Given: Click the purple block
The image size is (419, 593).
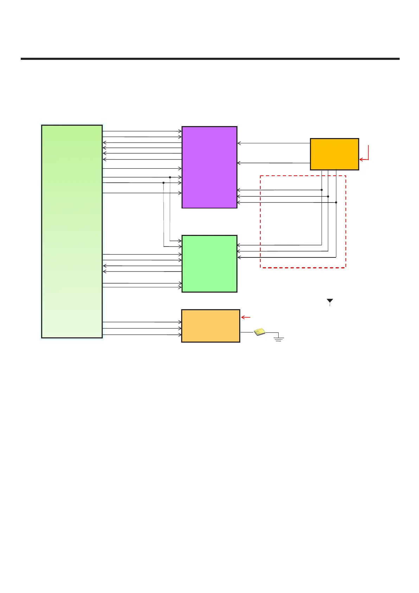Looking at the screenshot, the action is (209, 167).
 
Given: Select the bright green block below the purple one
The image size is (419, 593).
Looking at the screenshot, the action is (209, 263).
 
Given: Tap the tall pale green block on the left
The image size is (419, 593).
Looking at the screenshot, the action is (72, 231).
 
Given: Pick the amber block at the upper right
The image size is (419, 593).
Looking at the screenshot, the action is (334, 154).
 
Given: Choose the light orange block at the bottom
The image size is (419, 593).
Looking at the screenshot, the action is (210, 326).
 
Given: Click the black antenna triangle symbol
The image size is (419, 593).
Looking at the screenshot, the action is (330, 301).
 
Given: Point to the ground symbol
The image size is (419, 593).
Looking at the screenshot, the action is (279, 339).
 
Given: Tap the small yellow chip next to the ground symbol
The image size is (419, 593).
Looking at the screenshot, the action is (260, 332).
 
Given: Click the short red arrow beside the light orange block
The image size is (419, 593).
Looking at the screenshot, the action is (246, 318).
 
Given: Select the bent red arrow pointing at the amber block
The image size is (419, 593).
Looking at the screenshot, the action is (366, 155).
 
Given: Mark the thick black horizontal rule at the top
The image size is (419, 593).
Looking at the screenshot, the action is (210, 59).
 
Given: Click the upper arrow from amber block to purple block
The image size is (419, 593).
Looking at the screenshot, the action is (274, 143).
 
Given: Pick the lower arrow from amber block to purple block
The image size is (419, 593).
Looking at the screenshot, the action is (274, 163).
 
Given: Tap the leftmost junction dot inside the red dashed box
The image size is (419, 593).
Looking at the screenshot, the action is (322, 190).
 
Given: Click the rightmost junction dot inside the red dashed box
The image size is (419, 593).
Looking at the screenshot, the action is (336, 202).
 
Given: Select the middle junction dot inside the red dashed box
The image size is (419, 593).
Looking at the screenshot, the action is (328, 196).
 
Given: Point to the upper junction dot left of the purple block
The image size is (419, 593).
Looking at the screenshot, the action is (170, 177).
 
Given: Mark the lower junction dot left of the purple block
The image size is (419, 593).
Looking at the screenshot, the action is (164, 183).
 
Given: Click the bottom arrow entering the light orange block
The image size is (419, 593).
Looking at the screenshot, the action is (142, 335).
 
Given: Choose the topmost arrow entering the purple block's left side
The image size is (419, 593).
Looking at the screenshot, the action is (142, 131).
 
